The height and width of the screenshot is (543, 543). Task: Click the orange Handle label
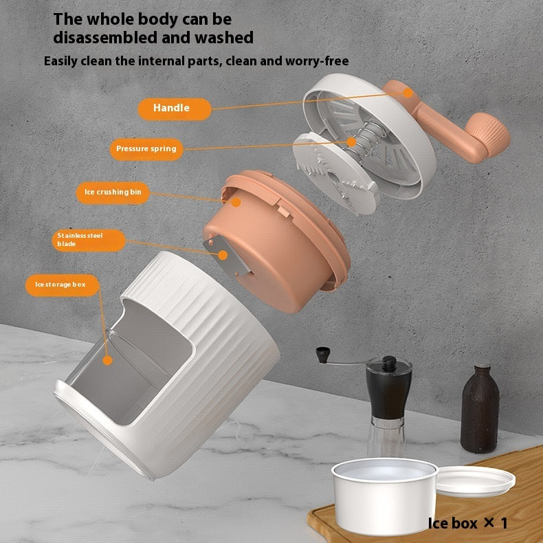(172, 108)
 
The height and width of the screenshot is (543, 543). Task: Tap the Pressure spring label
(146, 148)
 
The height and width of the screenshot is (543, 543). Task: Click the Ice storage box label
(62, 285)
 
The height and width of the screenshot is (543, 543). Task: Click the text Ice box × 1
(467, 523)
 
